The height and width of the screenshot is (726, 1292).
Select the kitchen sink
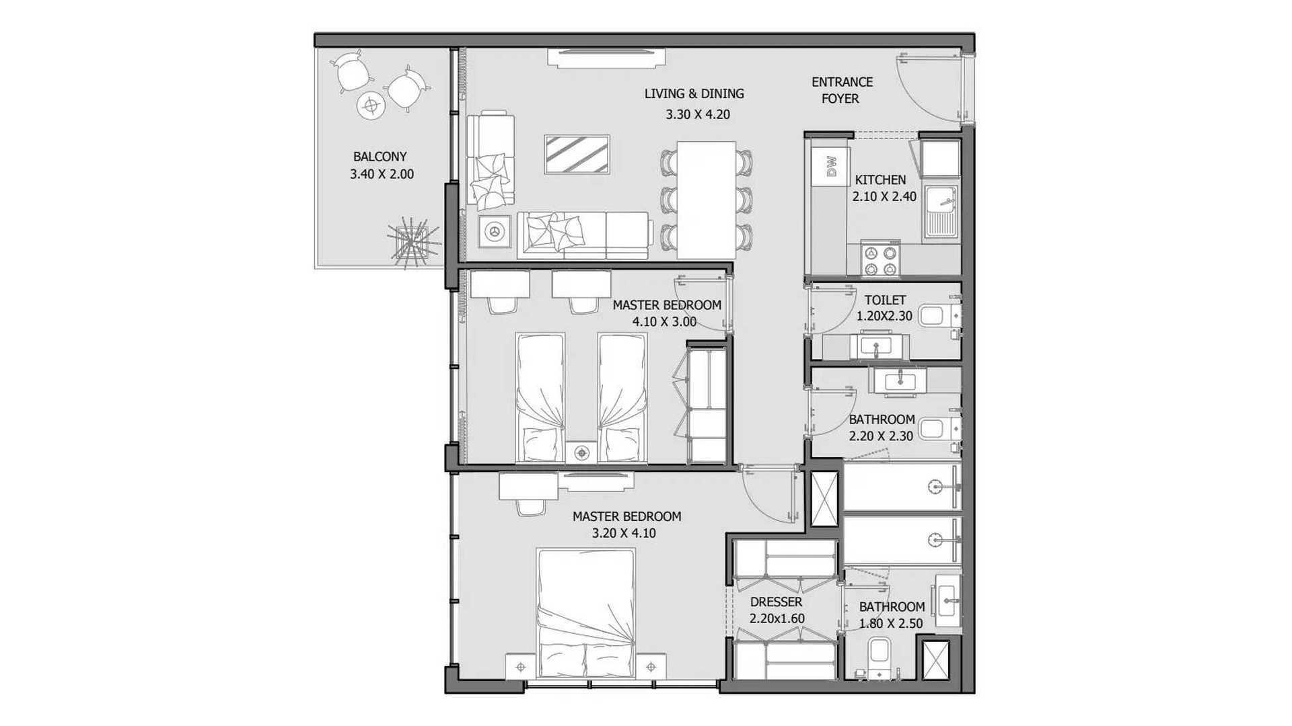[x=942, y=211]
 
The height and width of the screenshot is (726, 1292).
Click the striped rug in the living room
[x=577, y=155]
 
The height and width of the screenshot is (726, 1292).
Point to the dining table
[x=707, y=200]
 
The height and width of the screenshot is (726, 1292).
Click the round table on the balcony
[x=370, y=104]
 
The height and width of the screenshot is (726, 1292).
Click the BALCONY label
[x=380, y=157]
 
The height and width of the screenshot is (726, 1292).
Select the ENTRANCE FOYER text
[x=841, y=90]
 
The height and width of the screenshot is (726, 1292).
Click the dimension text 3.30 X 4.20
[x=698, y=114]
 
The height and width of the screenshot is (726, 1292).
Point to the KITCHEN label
[x=880, y=179]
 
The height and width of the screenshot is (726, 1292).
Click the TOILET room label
[x=885, y=300]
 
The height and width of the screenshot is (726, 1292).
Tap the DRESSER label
[x=776, y=602]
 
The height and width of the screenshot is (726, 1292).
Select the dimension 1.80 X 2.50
[x=890, y=624]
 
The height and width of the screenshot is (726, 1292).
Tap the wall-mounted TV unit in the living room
[x=606, y=58]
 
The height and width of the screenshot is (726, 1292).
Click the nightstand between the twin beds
[x=581, y=452]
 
